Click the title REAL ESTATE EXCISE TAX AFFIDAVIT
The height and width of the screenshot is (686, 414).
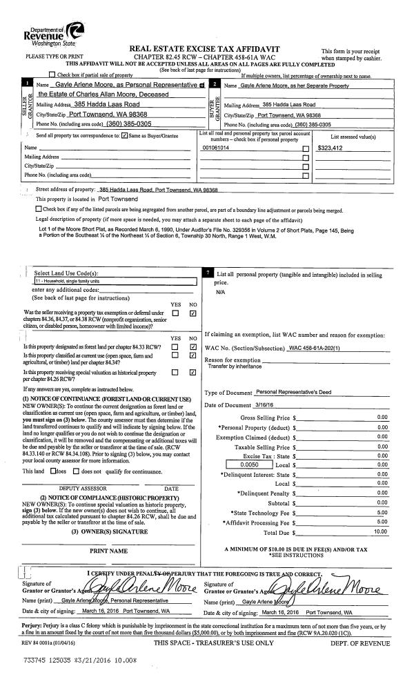(x=208, y=48)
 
